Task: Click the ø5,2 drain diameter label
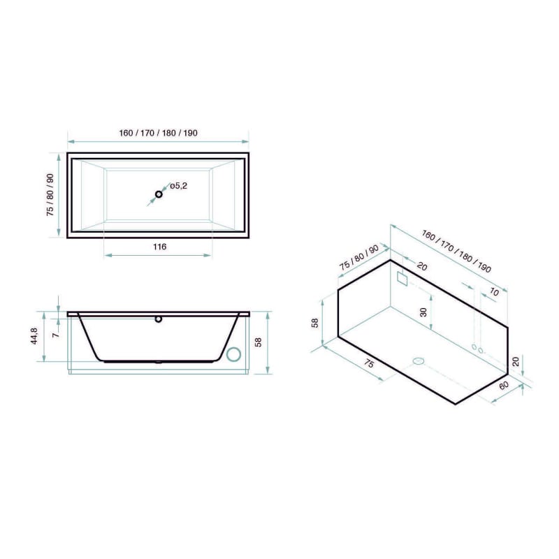[178, 186]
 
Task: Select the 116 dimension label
[160, 247]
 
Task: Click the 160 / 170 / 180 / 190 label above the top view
[159, 133]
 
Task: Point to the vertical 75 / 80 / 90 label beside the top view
[50, 195]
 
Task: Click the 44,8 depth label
[34, 336]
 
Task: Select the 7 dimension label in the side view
[55, 335]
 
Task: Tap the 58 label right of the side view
[259, 342]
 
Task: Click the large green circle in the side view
[234, 354]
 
